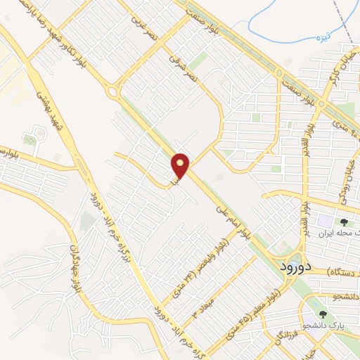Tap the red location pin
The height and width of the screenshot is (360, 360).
pyautogui.click(x=181, y=165)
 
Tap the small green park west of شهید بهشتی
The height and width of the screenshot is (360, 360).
pyautogui.click(x=30, y=139)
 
